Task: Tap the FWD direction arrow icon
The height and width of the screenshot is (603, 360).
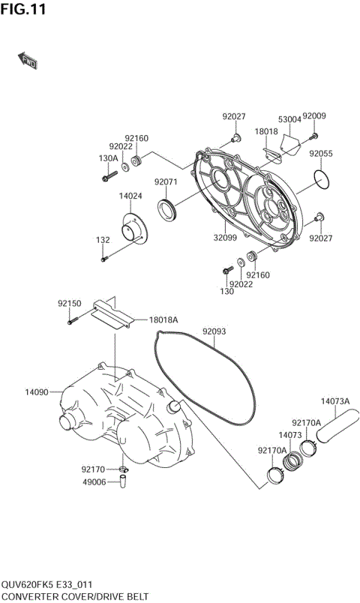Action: (x=28, y=61)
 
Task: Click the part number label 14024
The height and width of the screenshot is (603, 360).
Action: (x=130, y=196)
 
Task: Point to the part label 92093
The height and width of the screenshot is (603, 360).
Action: (x=214, y=331)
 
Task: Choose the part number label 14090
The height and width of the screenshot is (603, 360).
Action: (x=37, y=391)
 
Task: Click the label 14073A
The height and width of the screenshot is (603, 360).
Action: (x=336, y=400)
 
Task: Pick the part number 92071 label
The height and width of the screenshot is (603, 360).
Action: (x=166, y=181)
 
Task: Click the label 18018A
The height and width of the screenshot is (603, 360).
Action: (x=163, y=319)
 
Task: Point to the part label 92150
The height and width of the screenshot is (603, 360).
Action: (x=69, y=304)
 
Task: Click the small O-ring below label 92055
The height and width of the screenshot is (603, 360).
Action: (x=322, y=179)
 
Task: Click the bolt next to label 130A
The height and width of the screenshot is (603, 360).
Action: (x=106, y=176)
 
